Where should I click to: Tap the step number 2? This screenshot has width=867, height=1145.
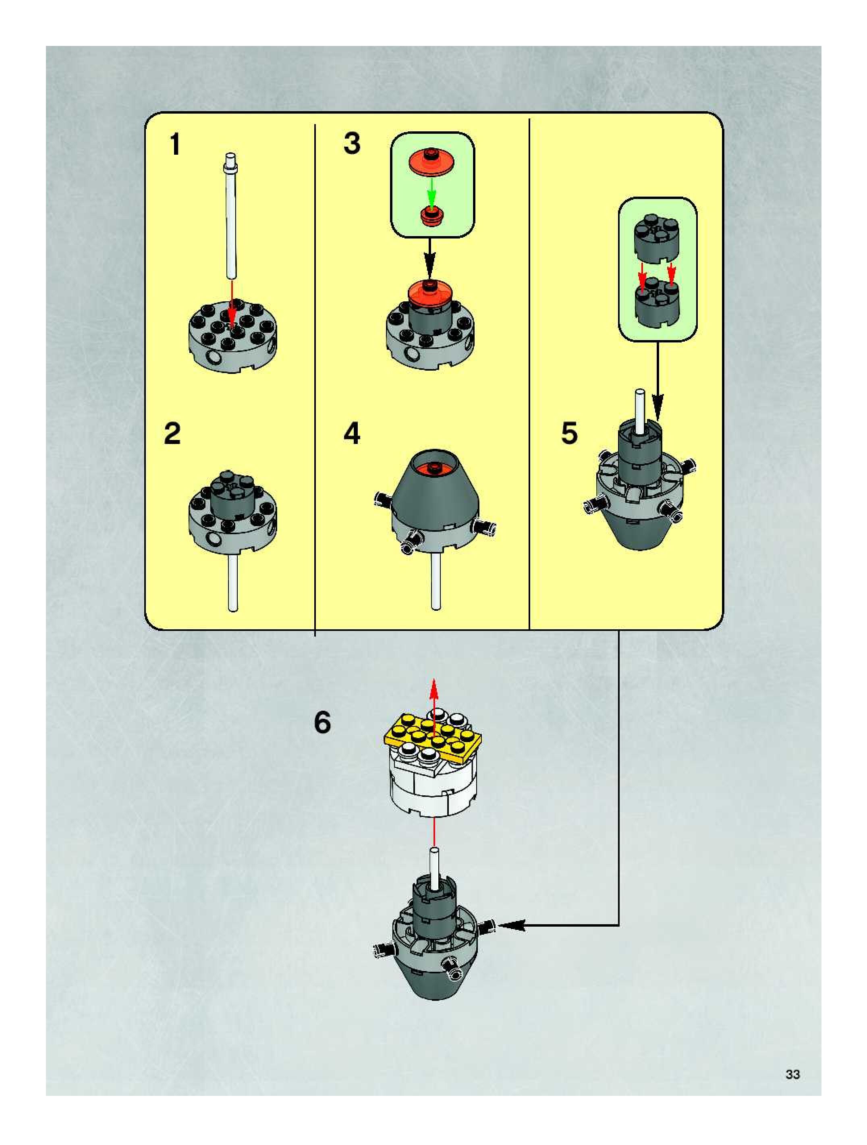coord(172,434)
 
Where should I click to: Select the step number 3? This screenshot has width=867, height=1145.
coord(352,143)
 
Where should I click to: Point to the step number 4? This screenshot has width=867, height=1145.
coord(352,434)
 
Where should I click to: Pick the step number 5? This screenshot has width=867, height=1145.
coord(569,434)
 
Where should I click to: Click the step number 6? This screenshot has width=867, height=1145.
coord(322,723)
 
